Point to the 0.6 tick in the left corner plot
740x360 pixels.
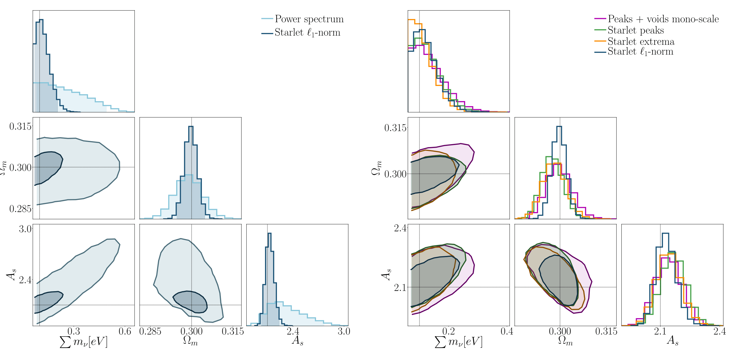pyautogui.click(x=125, y=331)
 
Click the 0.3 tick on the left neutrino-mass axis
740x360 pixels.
pyautogui.click(x=74, y=331)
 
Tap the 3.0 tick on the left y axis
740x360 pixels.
pyautogui.click(x=25, y=229)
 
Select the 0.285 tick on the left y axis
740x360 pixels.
pyautogui.click(x=20, y=209)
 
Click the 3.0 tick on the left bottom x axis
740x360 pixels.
pyautogui.click(x=344, y=331)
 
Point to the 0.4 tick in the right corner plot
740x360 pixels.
pyautogui.click(x=507, y=331)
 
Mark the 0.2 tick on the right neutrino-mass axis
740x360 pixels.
pyautogui.click(x=449, y=331)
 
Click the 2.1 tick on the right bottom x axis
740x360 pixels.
pyautogui.click(x=660, y=331)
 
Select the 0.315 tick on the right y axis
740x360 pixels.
pyautogui.click(x=395, y=128)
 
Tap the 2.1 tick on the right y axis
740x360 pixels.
pyautogui.click(x=400, y=287)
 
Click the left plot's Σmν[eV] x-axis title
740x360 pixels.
pyautogui.click(x=84, y=342)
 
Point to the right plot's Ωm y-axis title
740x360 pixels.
pyautogui.click(x=376, y=168)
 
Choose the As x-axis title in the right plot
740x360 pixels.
pyautogui.click(x=672, y=341)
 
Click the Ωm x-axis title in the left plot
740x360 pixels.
pyautogui.click(x=190, y=341)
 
